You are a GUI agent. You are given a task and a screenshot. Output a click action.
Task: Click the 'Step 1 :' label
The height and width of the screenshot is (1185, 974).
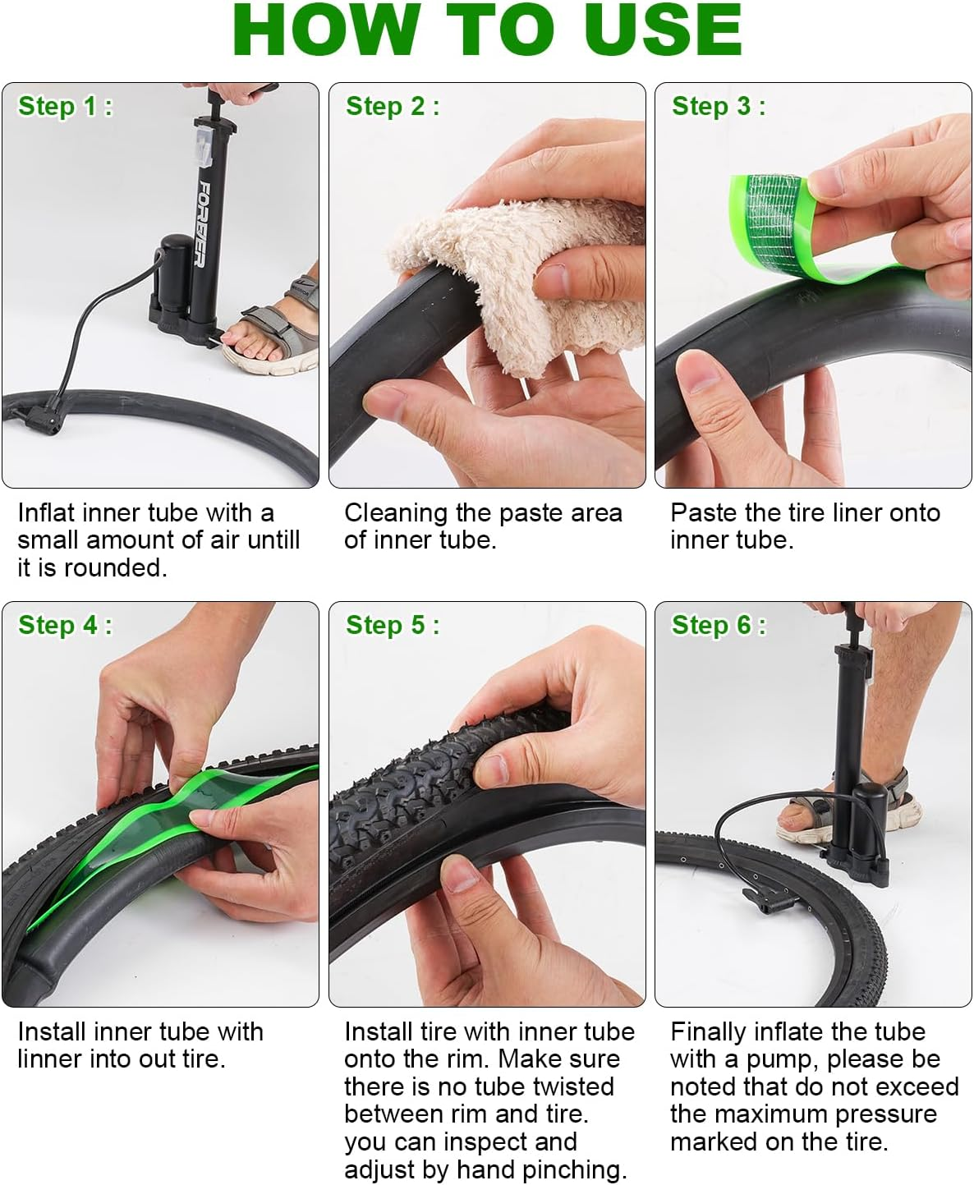coord(65,106)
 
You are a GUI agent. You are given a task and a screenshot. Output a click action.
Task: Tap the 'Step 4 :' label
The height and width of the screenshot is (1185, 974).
coord(65,625)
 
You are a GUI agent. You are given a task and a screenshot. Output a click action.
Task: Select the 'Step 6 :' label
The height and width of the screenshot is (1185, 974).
coord(719,625)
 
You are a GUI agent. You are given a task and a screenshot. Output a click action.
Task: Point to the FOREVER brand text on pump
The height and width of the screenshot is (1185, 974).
coord(200,223)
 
